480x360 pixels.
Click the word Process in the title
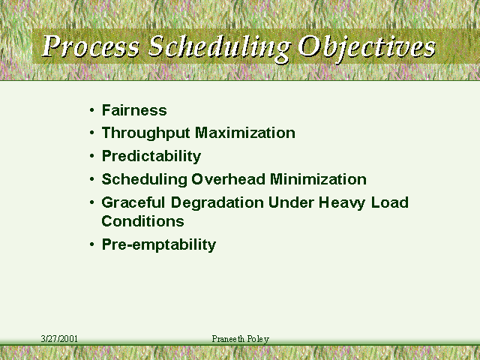pos(91,46)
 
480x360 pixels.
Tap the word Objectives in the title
pos(367,48)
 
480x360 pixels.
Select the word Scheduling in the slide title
pos(218,48)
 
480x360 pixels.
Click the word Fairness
pos(134,110)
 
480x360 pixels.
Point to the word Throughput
pos(145,133)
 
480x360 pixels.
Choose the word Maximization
pos(245,133)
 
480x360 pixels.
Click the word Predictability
pos(151,157)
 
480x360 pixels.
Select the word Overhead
pos(228,179)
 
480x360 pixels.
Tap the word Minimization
pos(318,179)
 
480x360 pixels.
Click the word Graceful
pos(133,202)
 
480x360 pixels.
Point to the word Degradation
pos(217,202)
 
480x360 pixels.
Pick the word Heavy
pos(342,203)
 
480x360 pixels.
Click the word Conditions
pos(142,221)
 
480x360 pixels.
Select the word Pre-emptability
pos(159,244)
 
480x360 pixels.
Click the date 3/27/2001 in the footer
pos(59,338)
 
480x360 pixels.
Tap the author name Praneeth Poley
pos(240,339)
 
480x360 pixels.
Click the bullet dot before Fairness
pos(92,110)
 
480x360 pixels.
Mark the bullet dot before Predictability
pos(92,156)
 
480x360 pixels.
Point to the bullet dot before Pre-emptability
pos(92,244)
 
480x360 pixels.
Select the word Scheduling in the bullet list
pos(144,180)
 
